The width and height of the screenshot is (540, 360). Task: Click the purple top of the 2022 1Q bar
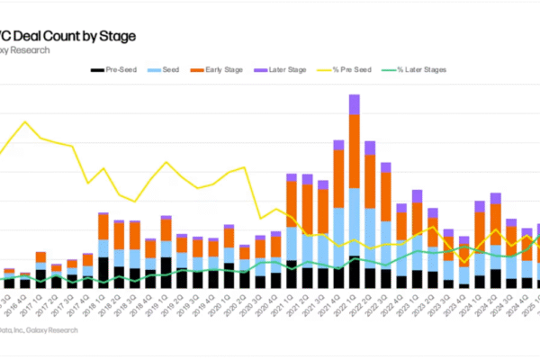point(354,103)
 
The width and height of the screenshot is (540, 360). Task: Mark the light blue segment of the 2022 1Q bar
point(354,221)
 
